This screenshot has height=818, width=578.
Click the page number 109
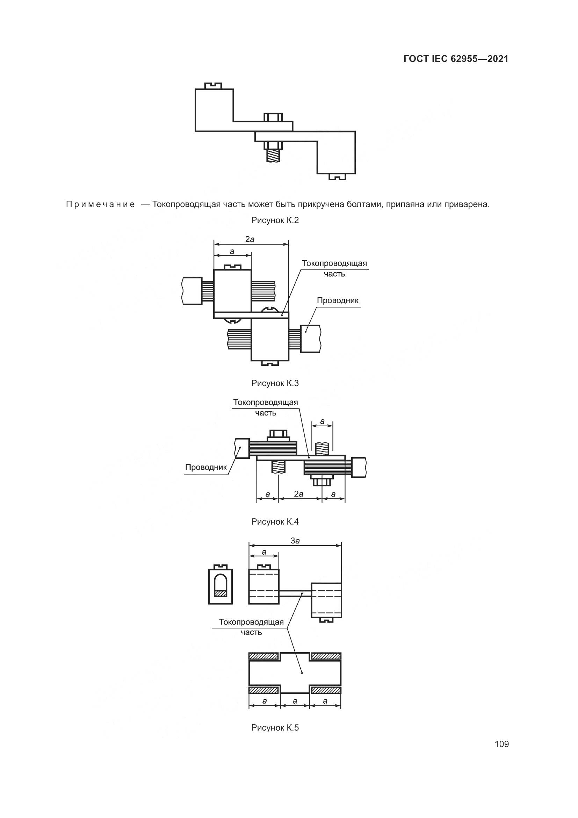tap(501, 744)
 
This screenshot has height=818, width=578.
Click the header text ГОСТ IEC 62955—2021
tap(456, 59)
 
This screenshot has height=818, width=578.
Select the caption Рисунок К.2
tap(275, 220)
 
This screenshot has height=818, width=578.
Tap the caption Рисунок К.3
tap(275, 383)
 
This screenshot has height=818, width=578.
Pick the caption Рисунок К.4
tap(275, 521)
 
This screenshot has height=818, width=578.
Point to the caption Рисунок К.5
tap(275, 727)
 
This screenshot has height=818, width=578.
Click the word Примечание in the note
tap(100, 205)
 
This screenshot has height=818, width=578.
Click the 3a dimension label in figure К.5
tap(295, 540)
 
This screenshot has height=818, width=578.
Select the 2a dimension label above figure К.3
tap(250, 240)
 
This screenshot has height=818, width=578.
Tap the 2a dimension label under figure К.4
tap(298, 494)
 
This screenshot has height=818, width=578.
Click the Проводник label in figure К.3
tap(338, 300)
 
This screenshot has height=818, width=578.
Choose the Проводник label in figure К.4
tap(206, 467)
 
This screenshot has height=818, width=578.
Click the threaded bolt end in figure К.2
tap(273, 156)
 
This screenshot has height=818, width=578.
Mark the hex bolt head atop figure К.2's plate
tap(273, 117)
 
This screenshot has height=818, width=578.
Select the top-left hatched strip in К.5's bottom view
tap(263, 656)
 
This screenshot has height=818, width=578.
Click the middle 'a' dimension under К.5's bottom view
tap(295, 701)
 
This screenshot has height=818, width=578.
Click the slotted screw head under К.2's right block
tap(337, 176)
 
